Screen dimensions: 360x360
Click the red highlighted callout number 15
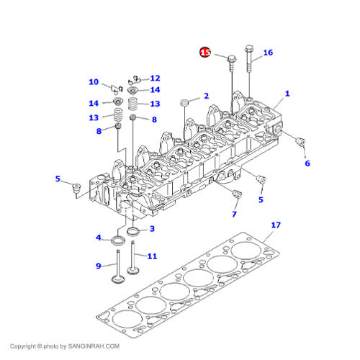[205, 53]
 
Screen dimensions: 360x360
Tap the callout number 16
[268, 53]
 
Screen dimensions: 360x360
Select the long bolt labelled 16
[249, 58]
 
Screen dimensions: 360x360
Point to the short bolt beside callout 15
[232, 63]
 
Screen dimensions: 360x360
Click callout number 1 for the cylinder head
[287, 94]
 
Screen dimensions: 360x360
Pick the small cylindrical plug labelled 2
[184, 102]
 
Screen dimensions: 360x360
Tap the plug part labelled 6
[301, 142]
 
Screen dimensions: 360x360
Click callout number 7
[234, 214]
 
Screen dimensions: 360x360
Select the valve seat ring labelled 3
[133, 232]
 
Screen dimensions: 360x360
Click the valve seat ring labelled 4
[118, 240]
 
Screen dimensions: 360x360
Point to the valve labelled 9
[118, 266]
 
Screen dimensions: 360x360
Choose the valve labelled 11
[132, 258]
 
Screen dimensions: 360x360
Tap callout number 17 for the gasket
[276, 225]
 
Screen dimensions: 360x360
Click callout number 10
[94, 82]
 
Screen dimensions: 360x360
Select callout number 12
[155, 78]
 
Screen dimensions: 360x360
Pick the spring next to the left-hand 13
[118, 115]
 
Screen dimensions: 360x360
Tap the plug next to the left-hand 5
[76, 188]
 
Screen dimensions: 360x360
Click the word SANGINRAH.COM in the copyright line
[94, 346]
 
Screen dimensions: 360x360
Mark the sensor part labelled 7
[237, 194]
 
